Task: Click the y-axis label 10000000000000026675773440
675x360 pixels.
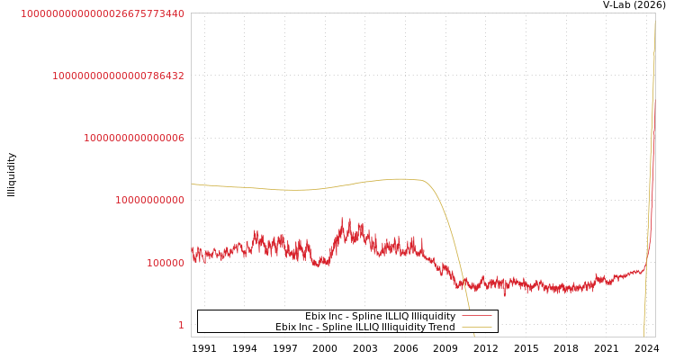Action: (x=103, y=13)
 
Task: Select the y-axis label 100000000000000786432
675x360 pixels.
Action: (x=118, y=76)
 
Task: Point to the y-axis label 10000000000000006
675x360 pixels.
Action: (x=134, y=138)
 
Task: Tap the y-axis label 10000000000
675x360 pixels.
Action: (x=149, y=200)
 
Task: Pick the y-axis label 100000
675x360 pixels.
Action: (x=166, y=263)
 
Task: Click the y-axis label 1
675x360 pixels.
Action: (x=181, y=325)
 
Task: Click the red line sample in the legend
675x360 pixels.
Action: (x=476, y=316)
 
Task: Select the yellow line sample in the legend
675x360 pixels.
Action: (x=476, y=327)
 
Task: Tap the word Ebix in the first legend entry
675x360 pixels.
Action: (x=316, y=316)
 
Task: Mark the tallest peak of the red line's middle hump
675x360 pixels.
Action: (x=343, y=219)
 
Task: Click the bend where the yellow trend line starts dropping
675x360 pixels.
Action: (x=423, y=180)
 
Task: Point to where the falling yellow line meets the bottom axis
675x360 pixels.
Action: (x=473, y=336)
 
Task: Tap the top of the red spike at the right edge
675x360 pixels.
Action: (x=653, y=126)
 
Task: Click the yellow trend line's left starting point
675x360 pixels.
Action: (x=192, y=184)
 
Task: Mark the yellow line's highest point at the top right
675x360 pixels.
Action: (x=654, y=22)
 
